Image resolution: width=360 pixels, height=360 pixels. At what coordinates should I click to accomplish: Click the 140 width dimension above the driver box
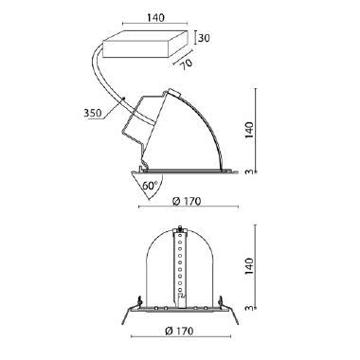(x=155, y=17)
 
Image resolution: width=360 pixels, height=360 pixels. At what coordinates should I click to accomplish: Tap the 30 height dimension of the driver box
(x=204, y=39)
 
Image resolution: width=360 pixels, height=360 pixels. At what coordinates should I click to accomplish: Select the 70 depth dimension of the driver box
(x=187, y=63)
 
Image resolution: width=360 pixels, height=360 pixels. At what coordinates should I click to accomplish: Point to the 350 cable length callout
(x=93, y=113)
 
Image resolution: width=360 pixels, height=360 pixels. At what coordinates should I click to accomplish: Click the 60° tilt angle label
(x=150, y=186)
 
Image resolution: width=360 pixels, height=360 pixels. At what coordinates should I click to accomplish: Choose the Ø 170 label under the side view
(x=187, y=201)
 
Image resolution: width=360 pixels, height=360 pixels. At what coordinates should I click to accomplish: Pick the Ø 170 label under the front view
(x=179, y=331)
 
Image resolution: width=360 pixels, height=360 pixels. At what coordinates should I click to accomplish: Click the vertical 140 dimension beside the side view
(x=249, y=130)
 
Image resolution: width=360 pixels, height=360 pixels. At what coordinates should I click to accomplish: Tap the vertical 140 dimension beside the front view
(x=249, y=266)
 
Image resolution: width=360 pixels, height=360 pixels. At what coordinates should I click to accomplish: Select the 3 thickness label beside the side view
(x=250, y=171)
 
